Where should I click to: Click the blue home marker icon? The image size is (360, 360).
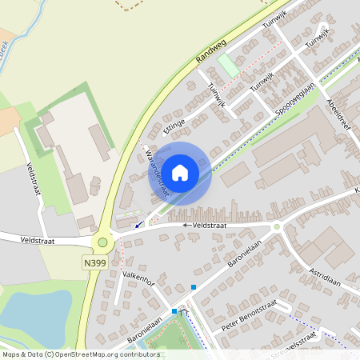click(x=180, y=172)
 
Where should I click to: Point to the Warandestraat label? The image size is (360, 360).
click(x=150, y=167)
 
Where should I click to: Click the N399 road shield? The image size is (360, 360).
click(x=93, y=262)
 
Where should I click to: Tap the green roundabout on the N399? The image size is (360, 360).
click(x=102, y=242)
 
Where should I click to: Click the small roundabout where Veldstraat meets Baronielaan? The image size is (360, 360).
click(x=277, y=227)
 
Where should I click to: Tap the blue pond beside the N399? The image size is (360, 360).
click(x=32, y=316)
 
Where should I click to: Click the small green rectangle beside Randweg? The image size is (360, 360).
click(x=229, y=66)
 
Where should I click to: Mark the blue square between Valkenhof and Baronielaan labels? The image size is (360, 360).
click(x=193, y=286)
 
